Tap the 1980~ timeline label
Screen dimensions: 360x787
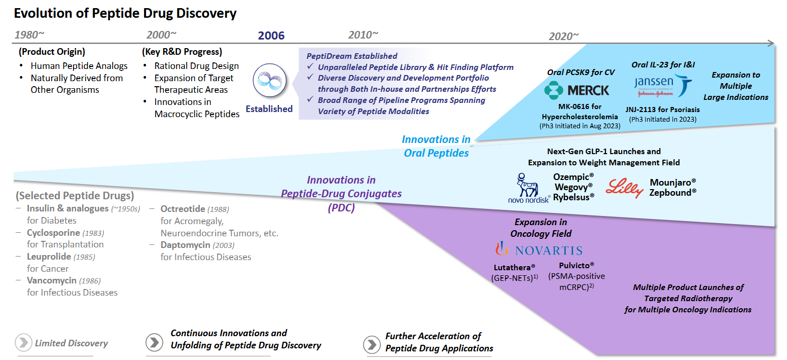29,35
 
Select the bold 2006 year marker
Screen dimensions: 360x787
271,36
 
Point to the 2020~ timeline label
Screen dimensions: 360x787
563,36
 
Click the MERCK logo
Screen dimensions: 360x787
577,90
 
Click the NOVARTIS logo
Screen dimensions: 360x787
539,249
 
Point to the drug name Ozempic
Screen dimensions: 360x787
571,177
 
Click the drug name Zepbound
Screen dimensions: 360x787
670,193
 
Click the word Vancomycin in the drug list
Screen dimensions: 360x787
52,280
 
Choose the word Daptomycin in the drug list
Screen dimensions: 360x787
186,245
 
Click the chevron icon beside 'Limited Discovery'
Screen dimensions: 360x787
23,343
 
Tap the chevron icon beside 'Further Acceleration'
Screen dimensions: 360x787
372,344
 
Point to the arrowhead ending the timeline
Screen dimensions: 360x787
770,44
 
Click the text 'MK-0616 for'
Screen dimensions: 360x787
580,107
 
